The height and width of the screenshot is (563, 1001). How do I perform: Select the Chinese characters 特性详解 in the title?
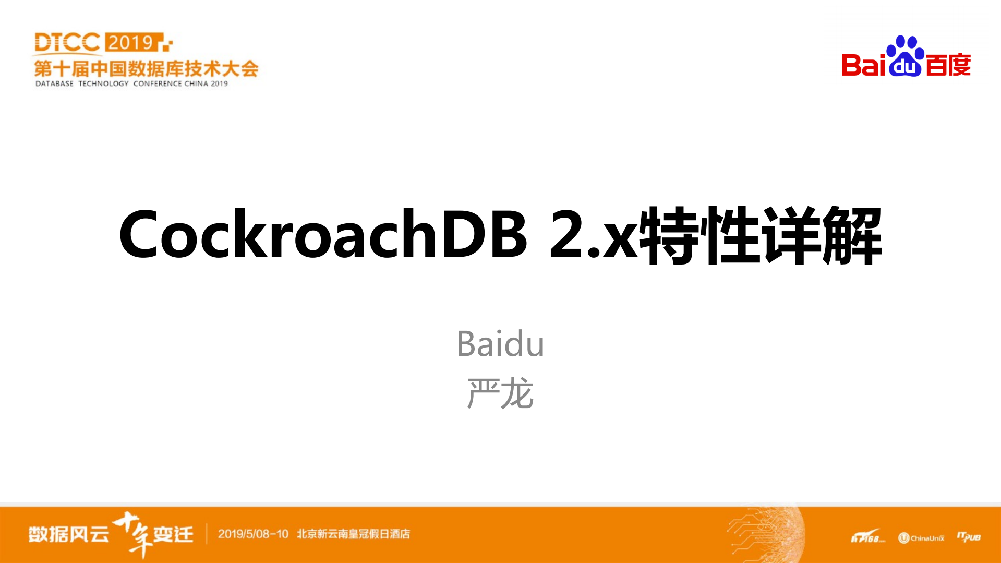coord(761,235)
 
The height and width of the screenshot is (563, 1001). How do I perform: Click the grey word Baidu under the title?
coord(500,344)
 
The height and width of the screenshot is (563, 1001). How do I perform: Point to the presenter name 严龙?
coord(500,393)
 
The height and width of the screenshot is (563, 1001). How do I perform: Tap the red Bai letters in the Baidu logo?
coord(863,65)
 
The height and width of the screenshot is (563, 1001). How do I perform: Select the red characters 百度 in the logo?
coord(948,65)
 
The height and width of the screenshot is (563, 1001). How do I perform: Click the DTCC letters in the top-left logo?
coord(67,43)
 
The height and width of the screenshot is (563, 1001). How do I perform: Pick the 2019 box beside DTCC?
coord(131,42)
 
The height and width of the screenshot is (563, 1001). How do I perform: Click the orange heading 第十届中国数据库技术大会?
coord(146,68)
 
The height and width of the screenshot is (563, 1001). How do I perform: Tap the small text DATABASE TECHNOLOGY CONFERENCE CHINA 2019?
coord(131,83)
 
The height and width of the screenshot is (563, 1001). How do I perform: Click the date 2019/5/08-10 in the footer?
coord(253,534)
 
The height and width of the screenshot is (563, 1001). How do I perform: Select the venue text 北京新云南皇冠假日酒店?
coord(353,534)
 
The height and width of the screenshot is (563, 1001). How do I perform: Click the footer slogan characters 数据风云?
coord(68,534)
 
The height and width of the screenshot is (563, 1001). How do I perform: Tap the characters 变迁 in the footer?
coord(173,534)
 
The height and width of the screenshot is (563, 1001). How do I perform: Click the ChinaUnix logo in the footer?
coord(921,538)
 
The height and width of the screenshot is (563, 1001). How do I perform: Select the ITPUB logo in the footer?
coord(969,537)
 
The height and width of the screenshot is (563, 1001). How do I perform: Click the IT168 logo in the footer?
coord(867,537)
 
